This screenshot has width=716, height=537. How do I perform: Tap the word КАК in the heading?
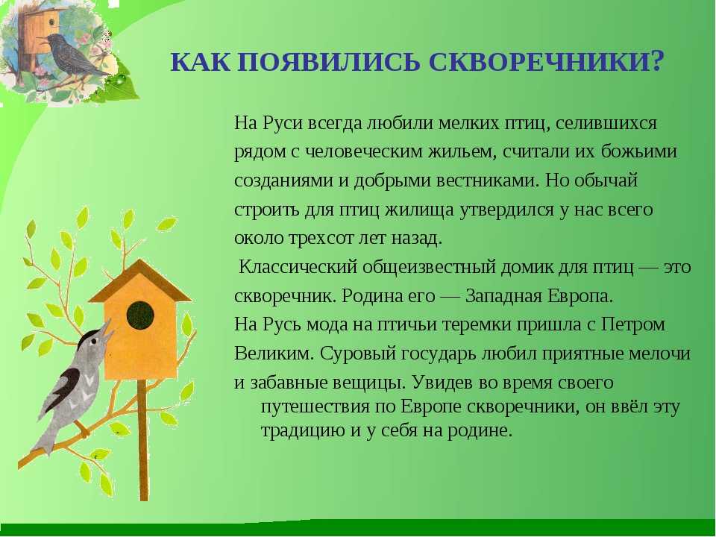pos(201,62)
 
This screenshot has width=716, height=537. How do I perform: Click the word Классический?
pos(298,267)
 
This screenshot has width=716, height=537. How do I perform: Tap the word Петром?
pos(633,324)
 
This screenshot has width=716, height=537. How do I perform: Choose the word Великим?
pos(274,354)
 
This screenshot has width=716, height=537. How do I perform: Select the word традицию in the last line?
pos(302,430)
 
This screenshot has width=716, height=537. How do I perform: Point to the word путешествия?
pos(314,407)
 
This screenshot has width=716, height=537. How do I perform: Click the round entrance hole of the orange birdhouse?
pos(140,315)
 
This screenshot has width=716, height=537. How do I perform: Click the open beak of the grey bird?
pos(106,333)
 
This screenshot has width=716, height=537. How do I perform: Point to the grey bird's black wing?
pos(69,387)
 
